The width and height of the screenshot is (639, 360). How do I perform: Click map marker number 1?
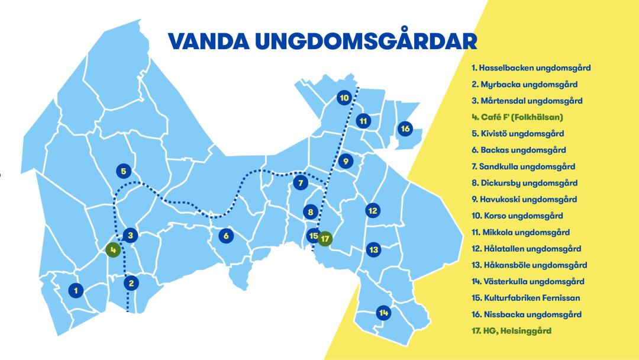click(x=75, y=290)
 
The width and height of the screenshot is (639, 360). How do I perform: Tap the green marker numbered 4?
click(x=112, y=250)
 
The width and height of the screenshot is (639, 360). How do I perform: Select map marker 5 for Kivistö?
click(x=124, y=171)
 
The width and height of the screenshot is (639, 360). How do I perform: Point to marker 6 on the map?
click(x=225, y=236)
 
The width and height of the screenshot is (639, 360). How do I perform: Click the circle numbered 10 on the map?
click(x=344, y=98)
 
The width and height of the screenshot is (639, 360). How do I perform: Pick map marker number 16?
click(x=405, y=128)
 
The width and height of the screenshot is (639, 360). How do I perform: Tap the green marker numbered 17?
click(x=325, y=239)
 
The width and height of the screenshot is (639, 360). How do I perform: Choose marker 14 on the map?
click(x=384, y=313)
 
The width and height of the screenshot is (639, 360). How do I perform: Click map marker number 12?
click(x=373, y=210)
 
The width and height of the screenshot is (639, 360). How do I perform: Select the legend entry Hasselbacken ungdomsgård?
click(x=531, y=68)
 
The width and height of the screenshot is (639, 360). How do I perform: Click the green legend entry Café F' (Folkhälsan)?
click(x=517, y=117)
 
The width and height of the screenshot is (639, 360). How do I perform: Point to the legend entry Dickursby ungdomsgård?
click(x=524, y=183)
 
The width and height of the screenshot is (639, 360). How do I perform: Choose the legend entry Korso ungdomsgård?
click(x=517, y=216)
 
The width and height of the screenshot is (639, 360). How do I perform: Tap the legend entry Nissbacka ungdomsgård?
click(x=526, y=314)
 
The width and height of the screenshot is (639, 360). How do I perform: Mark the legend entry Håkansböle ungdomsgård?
click(x=529, y=265)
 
